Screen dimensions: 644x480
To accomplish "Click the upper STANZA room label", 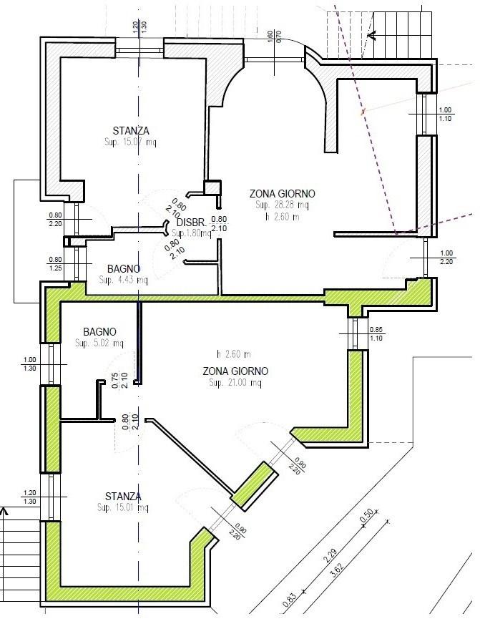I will click(x=131, y=131).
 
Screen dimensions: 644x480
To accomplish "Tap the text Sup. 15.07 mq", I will click(x=131, y=142).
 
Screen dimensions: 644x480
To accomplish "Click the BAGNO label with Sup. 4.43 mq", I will click(x=124, y=269).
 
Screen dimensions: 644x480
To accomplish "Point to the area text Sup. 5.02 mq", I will click(x=99, y=343).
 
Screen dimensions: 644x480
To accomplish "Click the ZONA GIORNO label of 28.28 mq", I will click(x=282, y=194).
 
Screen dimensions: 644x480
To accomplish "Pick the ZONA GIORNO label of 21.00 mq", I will click(x=235, y=371).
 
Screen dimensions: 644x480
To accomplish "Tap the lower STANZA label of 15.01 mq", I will click(x=122, y=497).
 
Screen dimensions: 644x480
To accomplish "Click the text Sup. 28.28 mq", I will click(x=282, y=205).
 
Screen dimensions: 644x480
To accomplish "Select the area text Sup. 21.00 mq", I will click(x=235, y=383).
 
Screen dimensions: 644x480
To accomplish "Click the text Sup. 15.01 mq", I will click(x=122, y=508).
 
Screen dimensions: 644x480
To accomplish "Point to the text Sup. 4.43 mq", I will click(x=124, y=280).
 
